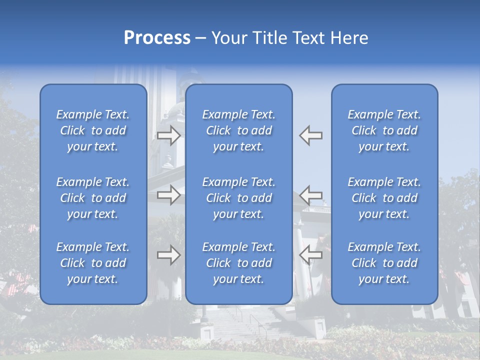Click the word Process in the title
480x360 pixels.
(157, 38)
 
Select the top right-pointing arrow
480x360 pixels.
(169, 135)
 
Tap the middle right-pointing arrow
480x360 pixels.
(169, 195)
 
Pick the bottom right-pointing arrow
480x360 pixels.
(169, 255)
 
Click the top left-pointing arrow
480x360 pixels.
(311, 135)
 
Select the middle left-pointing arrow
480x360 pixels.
(311, 195)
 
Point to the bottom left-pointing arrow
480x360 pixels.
(311, 255)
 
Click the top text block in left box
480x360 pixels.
(93, 130)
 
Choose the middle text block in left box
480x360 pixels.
(93, 198)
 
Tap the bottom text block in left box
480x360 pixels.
(93, 263)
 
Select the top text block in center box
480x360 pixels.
(239, 130)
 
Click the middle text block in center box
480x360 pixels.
(239, 198)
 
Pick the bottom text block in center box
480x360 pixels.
(239, 263)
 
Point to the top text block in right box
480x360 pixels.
(384, 130)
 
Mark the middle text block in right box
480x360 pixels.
(384, 198)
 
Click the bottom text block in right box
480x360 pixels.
(384, 263)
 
